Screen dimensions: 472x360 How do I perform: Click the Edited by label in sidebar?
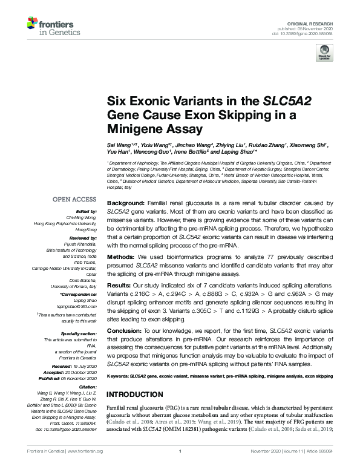[85, 211]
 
